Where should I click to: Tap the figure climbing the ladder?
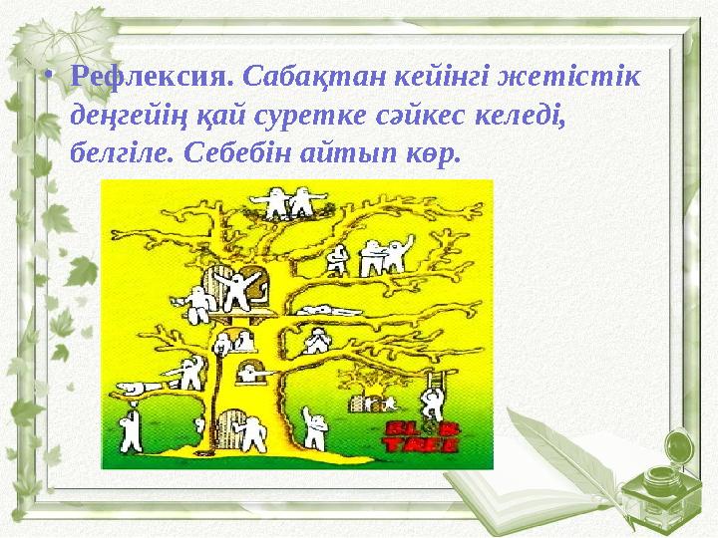[433, 402]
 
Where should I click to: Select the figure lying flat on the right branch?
[321, 310]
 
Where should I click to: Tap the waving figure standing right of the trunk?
[315, 429]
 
